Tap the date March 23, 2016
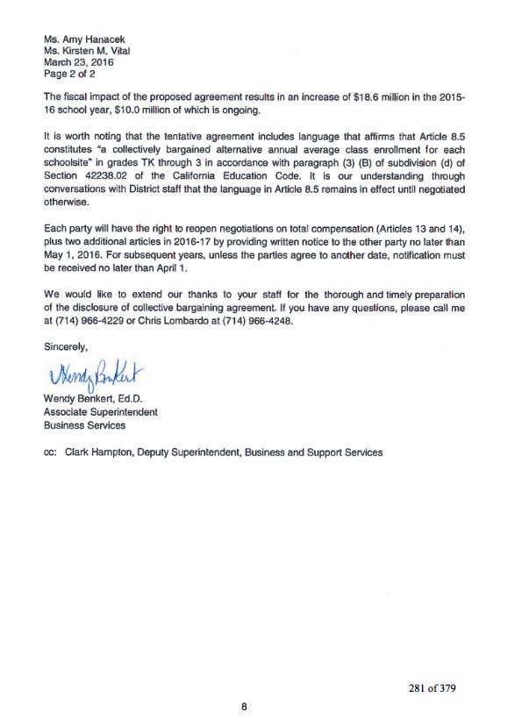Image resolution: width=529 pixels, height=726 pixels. [x=77, y=62]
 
